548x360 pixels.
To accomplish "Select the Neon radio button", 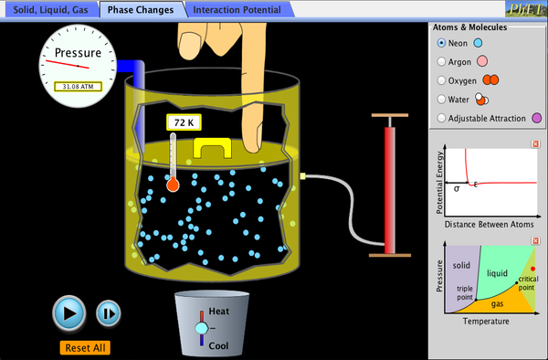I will point(442,42).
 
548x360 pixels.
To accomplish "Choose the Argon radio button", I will point(442,61).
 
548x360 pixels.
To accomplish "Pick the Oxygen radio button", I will point(442,80).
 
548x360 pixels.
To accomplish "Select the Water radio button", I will point(442,99).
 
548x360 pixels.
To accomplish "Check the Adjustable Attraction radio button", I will point(442,118).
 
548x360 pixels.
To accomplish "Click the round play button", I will point(68,313).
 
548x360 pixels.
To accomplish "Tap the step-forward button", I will point(108,313).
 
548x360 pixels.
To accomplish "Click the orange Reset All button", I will point(86,347).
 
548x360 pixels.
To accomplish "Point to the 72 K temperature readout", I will point(183,122).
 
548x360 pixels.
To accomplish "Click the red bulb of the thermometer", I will point(172,185).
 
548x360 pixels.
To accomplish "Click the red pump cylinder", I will point(392,187).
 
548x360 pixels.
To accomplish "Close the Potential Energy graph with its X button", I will point(535,144).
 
